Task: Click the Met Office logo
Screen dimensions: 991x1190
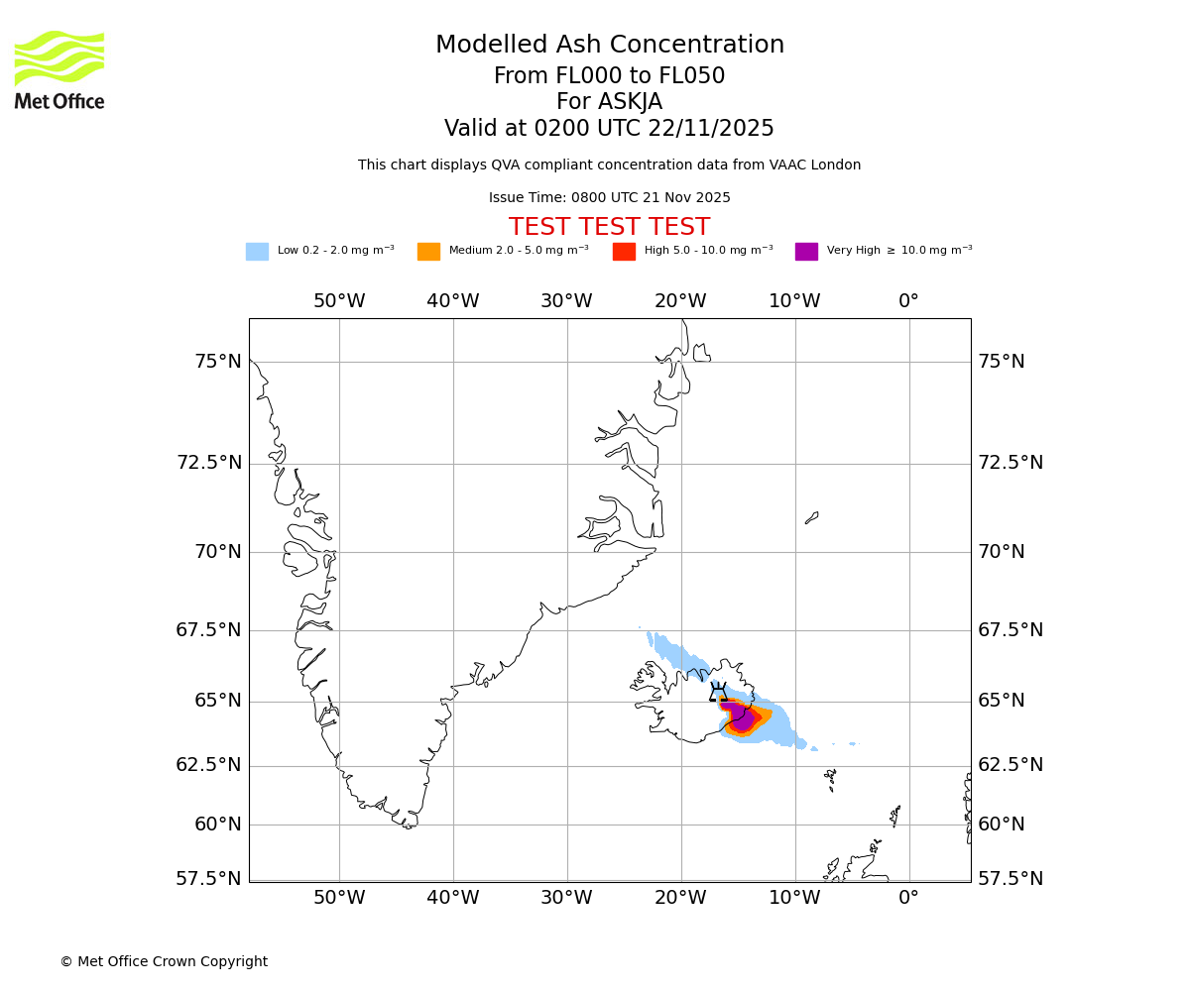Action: pos(59,69)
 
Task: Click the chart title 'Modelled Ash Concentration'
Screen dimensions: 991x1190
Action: pos(610,45)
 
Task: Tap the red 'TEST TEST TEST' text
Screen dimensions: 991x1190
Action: pos(609,227)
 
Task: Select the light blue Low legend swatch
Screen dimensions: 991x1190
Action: pos(257,251)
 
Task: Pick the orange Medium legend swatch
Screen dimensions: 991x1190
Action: pos(428,251)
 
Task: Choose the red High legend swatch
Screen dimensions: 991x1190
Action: pos(624,251)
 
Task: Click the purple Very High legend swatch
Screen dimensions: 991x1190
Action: pos(806,251)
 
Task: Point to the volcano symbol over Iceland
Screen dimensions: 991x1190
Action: pos(718,693)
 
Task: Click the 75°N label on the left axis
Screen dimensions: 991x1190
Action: pos(217,361)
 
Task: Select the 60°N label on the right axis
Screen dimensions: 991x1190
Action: pos(1002,824)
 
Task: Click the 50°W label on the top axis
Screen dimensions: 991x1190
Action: pos(339,300)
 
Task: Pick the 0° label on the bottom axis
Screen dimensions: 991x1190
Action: pos(908,897)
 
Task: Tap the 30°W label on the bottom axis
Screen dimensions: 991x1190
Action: pos(566,897)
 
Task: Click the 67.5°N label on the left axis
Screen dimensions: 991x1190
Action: pos(209,629)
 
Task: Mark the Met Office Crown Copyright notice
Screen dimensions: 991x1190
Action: pos(164,961)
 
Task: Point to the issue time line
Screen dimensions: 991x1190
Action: pos(609,197)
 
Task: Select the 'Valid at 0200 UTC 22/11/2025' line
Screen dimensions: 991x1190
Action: pos(609,128)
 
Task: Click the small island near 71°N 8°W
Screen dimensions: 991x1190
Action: pos(811,517)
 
